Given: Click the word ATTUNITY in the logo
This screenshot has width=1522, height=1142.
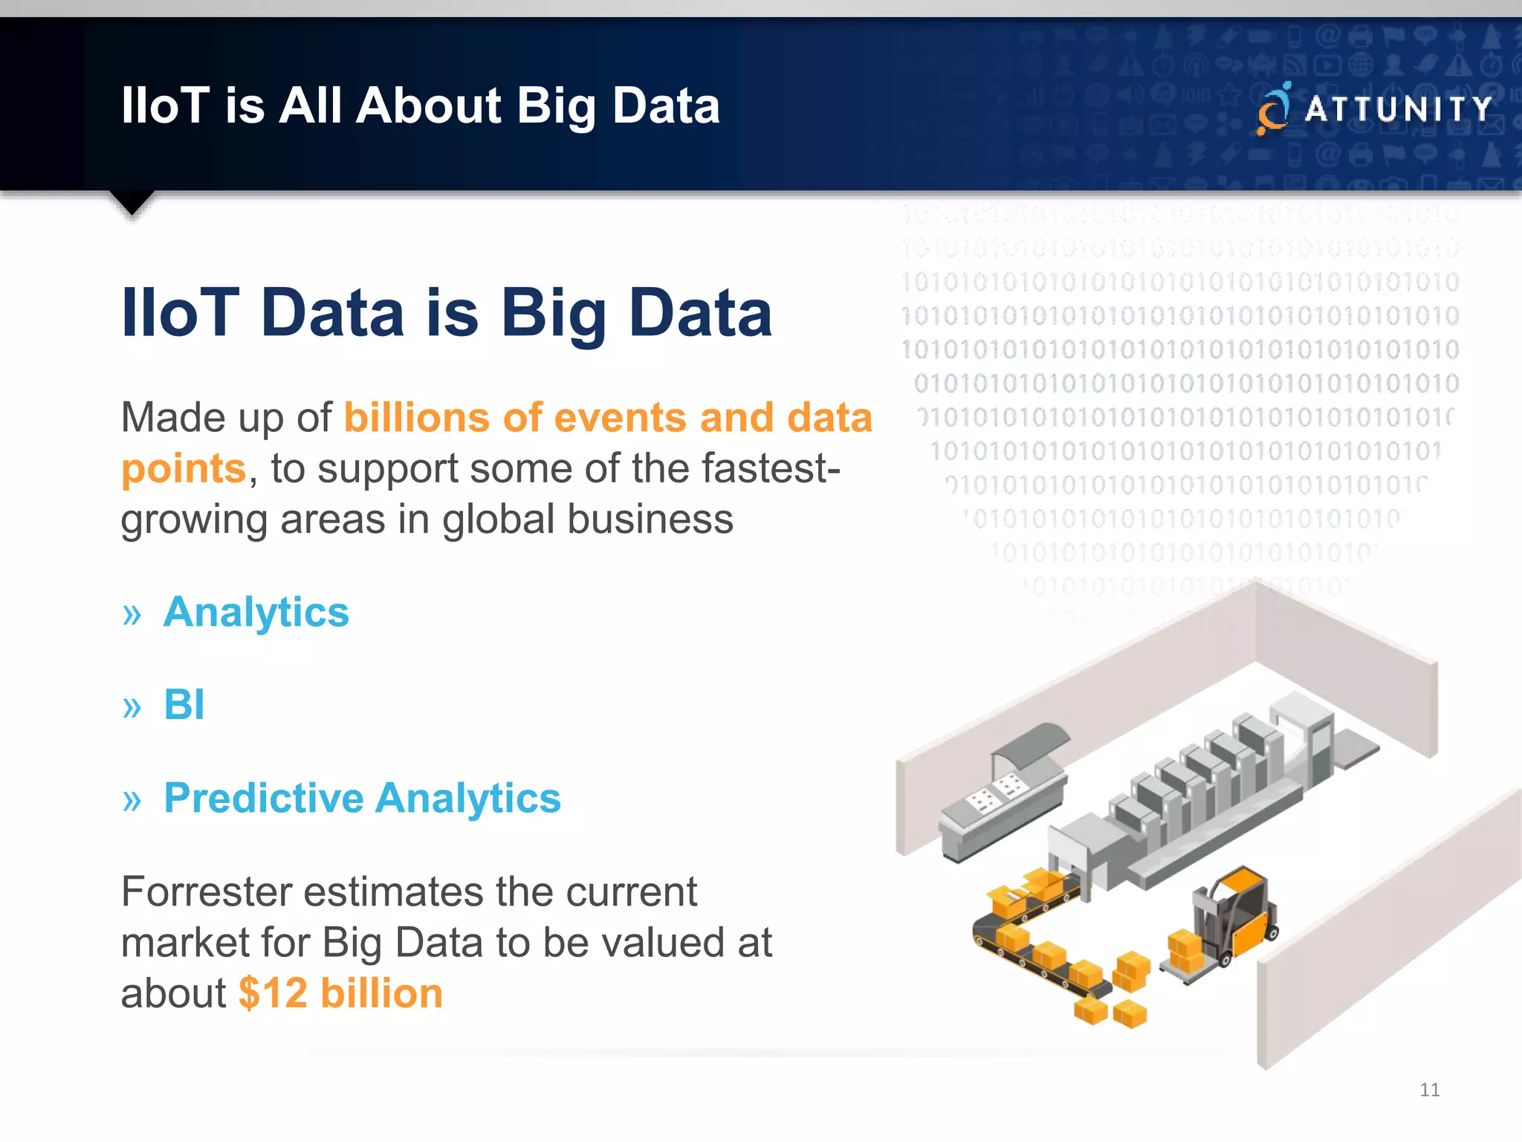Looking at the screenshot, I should point(1398,109).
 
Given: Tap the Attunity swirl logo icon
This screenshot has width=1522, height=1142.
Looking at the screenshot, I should point(1273,109).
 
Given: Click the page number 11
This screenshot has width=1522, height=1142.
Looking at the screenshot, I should point(1429,1090).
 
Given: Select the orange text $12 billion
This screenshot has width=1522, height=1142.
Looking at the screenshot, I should point(340,993).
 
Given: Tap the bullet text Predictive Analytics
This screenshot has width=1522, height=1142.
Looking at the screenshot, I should point(362,799).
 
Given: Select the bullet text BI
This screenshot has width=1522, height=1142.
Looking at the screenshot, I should point(184,705).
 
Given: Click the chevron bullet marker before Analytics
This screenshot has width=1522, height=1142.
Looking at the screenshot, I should point(132,614).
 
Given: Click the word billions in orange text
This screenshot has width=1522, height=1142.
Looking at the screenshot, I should point(417,418).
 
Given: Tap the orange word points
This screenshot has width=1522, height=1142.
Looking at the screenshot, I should point(184,469).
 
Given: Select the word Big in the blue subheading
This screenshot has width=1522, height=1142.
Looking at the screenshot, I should point(554,314).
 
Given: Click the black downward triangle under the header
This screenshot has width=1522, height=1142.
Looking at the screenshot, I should point(132,201).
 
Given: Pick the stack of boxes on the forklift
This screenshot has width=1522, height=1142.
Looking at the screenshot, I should point(1185,952).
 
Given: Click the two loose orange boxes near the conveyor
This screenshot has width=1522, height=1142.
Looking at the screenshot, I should point(1110,1012).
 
